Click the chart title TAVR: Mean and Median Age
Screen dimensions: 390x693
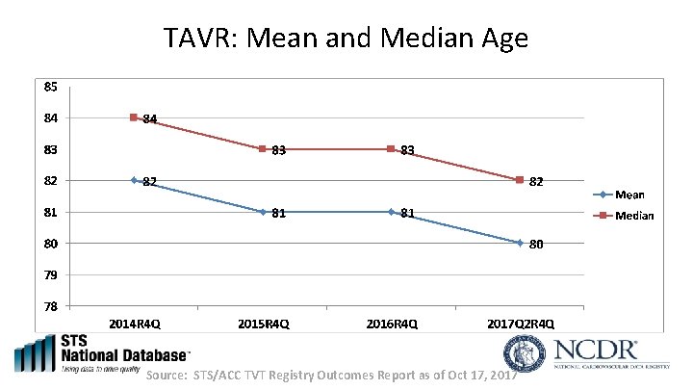point(346,39)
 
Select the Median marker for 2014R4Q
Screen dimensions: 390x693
point(135,117)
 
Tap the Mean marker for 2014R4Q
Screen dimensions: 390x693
point(135,180)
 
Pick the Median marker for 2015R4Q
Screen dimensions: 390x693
point(263,149)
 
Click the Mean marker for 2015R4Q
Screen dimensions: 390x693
point(263,212)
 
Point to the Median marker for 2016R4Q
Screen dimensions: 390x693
point(391,149)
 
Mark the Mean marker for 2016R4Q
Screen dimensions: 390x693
point(391,212)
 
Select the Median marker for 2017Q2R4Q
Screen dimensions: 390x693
point(520,180)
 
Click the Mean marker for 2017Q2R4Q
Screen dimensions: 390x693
point(520,243)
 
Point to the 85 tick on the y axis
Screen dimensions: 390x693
point(50,86)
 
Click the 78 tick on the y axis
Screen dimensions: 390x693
point(50,306)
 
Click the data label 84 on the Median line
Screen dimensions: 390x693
point(150,119)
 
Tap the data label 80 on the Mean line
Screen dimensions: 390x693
point(536,245)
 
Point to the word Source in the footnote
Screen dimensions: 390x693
point(167,374)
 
